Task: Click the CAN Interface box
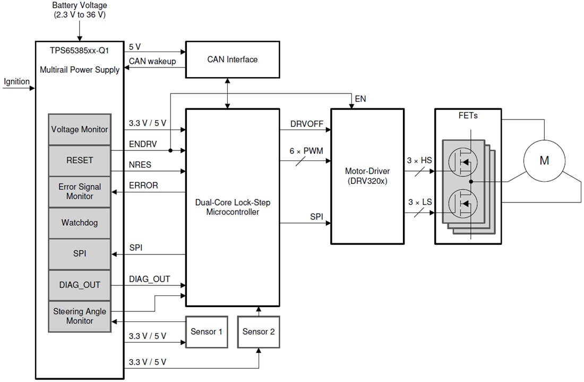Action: pyautogui.click(x=232, y=60)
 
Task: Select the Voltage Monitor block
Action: pyautogui.click(x=80, y=129)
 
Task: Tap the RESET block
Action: pyautogui.click(x=80, y=160)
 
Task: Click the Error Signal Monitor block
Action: pyautogui.click(x=80, y=192)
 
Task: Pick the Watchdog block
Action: pyautogui.click(x=80, y=223)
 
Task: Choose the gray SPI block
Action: pyautogui.click(x=80, y=254)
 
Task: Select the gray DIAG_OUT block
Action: pyautogui.click(x=80, y=285)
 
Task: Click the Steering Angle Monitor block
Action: pyautogui.click(x=80, y=317)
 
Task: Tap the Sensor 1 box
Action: pyautogui.click(x=207, y=332)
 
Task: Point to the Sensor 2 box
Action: pyautogui.click(x=259, y=332)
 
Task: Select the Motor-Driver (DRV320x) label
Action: pyautogui.click(x=367, y=176)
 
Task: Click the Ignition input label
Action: pyautogui.click(x=17, y=82)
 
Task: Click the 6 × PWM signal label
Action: pyautogui.click(x=306, y=151)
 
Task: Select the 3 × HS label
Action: pyautogui.click(x=419, y=160)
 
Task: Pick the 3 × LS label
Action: pyautogui.click(x=419, y=202)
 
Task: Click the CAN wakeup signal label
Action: pyautogui.click(x=152, y=61)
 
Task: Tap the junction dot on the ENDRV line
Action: pyautogui.click(x=170, y=150)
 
